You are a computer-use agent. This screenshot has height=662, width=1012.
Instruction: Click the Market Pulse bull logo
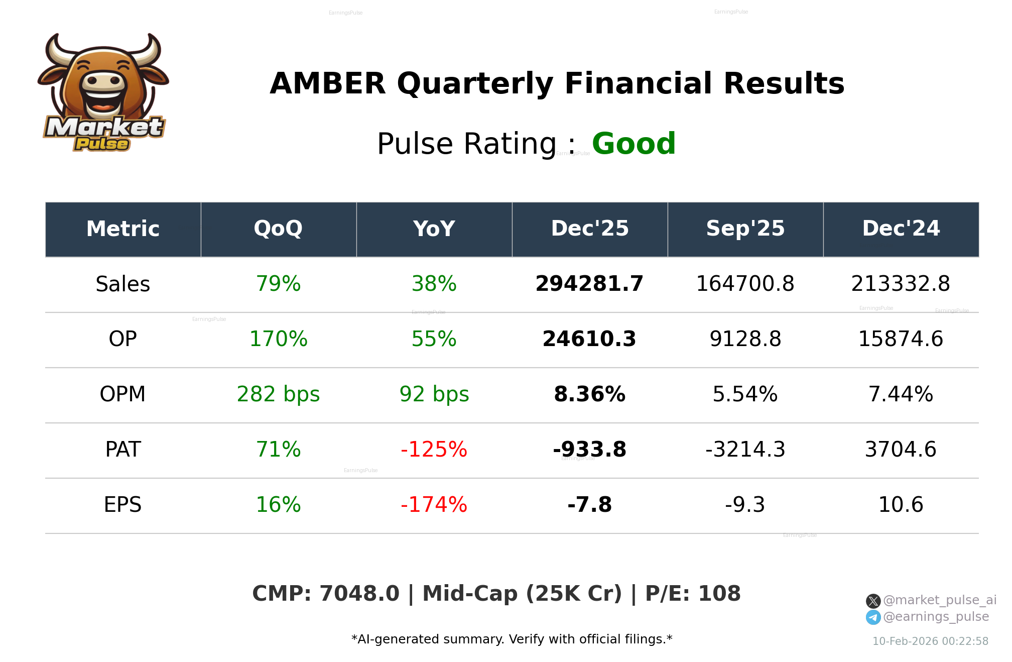coord(103,93)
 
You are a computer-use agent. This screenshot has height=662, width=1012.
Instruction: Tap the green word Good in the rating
coord(634,144)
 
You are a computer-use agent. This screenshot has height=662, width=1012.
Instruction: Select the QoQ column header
coord(278,229)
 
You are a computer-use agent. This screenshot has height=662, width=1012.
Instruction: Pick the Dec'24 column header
coord(901,229)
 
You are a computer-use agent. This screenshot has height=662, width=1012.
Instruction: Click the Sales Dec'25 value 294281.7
coord(589,284)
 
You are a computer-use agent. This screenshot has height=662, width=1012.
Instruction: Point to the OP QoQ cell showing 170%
coord(278,339)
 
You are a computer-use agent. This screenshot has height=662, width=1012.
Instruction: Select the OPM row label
coord(122,394)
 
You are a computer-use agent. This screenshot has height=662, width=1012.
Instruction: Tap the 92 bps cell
coord(434,394)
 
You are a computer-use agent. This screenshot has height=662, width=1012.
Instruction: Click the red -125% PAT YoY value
coord(434,450)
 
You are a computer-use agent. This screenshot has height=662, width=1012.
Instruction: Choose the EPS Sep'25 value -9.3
coord(745,505)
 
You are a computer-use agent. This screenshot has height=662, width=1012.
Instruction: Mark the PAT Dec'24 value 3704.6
coord(901,450)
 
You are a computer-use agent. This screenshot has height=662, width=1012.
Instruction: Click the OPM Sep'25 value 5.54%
coord(745,394)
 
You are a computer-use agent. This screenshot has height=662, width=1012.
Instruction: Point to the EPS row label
coord(122,505)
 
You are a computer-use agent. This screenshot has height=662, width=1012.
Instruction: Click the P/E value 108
coord(719,594)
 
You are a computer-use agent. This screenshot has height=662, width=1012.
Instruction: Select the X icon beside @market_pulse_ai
coord(873,601)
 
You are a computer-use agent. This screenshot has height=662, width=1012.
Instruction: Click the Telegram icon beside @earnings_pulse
coord(873,617)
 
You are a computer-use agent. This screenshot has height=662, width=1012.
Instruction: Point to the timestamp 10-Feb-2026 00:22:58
coord(930,641)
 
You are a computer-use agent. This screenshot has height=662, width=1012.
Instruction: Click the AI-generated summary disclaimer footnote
coord(512,639)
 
